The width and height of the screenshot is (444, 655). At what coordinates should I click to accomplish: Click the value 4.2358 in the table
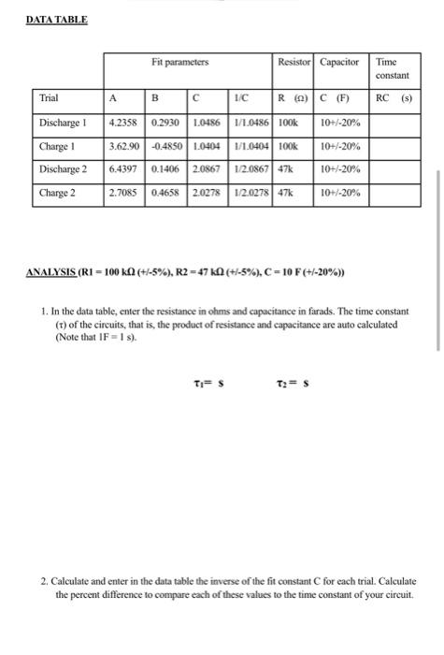coord(125,123)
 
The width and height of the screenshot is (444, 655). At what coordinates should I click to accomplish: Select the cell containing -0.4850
coord(168,147)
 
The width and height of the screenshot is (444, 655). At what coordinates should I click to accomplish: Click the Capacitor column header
coord(340,63)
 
